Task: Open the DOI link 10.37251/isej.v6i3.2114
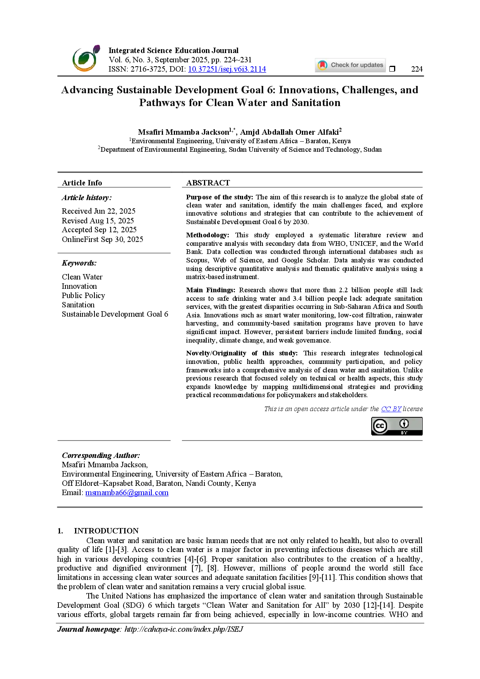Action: pyautogui.click(x=227, y=69)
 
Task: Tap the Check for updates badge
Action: pyautogui.click(x=350, y=65)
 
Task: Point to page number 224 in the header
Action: pyautogui.click(x=417, y=69)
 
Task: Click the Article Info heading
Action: pyautogui.click(x=82, y=183)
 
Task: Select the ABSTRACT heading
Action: pyautogui.click(x=208, y=183)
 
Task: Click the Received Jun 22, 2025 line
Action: pyautogui.click(x=99, y=211)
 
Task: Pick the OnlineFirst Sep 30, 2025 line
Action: pyautogui.click(x=103, y=239)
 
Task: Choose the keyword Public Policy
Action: pyautogui.click(x=83, y=295)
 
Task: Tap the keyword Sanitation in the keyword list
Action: pyautogui.click(x=78, y=305)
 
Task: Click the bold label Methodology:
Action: pyautogui.click(x=207, y=235)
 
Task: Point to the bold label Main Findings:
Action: pyautogui.click(x=211, y=290)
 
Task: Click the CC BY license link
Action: pyautogui.click(x=391, y=409)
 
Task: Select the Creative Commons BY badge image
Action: pyautogui.click(x=397, y=426)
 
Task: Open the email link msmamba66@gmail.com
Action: pyautogui.click(x=127, y=492)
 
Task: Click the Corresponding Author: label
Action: pyautogui.click(x=101, y=455)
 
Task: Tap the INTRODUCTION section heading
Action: pyautogui.click(x=106, y=531)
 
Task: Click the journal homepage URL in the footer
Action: pyautogui.click(x=184, y=629)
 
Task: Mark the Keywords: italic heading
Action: pyautogui.click(x=79, y=263)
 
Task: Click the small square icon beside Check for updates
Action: pyautogui.click(x=392, y=69)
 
